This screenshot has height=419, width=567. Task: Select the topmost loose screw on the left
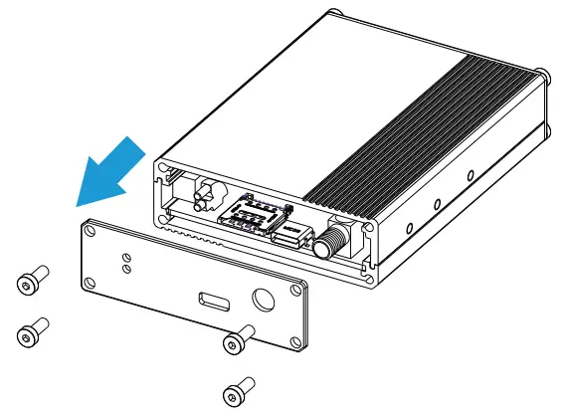pos(31,282)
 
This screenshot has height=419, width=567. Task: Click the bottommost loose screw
pos(238,391)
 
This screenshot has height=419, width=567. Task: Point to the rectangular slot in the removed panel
pos(213,300)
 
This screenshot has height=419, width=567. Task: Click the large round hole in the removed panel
pos(266,302)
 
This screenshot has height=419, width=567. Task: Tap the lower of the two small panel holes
pos(126,268)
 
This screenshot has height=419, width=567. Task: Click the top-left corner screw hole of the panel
pos(92,233)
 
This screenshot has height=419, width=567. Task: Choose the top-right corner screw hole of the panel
pos(296,290)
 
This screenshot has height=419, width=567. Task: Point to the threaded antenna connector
pos(328,241)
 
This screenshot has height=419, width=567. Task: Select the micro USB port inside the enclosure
pos(287,237)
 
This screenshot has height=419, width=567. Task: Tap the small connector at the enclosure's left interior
pos(206,195)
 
